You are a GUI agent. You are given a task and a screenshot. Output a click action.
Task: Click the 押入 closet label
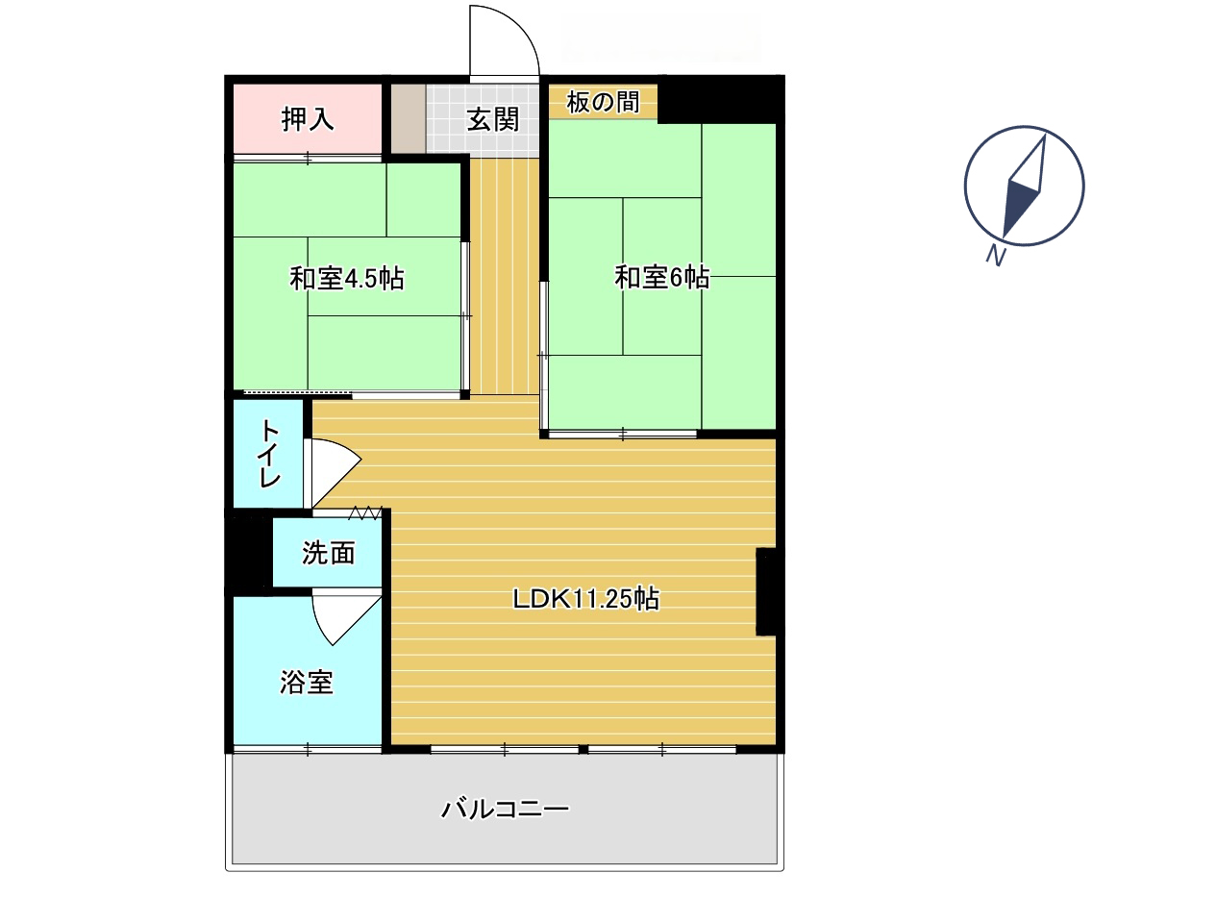307,119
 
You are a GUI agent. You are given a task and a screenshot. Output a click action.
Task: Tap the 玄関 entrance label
492,119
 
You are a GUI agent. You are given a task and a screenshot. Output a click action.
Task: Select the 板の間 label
603,102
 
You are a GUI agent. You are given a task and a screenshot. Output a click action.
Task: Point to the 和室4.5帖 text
347,278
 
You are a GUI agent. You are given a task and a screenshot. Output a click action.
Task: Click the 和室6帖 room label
661,277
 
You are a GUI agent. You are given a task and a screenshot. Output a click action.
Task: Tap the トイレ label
269,454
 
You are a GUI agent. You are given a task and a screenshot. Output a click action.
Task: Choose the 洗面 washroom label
329,553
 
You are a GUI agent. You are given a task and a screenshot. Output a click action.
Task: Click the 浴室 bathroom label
307,682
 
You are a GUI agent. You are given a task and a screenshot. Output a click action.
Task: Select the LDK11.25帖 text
585,598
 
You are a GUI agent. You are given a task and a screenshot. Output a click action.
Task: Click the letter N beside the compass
996,256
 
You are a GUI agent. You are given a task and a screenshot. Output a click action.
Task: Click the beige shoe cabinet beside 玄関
408,118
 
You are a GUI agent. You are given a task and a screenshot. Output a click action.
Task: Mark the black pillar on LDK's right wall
766,591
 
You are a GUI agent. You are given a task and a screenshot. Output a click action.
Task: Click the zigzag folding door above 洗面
365,512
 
